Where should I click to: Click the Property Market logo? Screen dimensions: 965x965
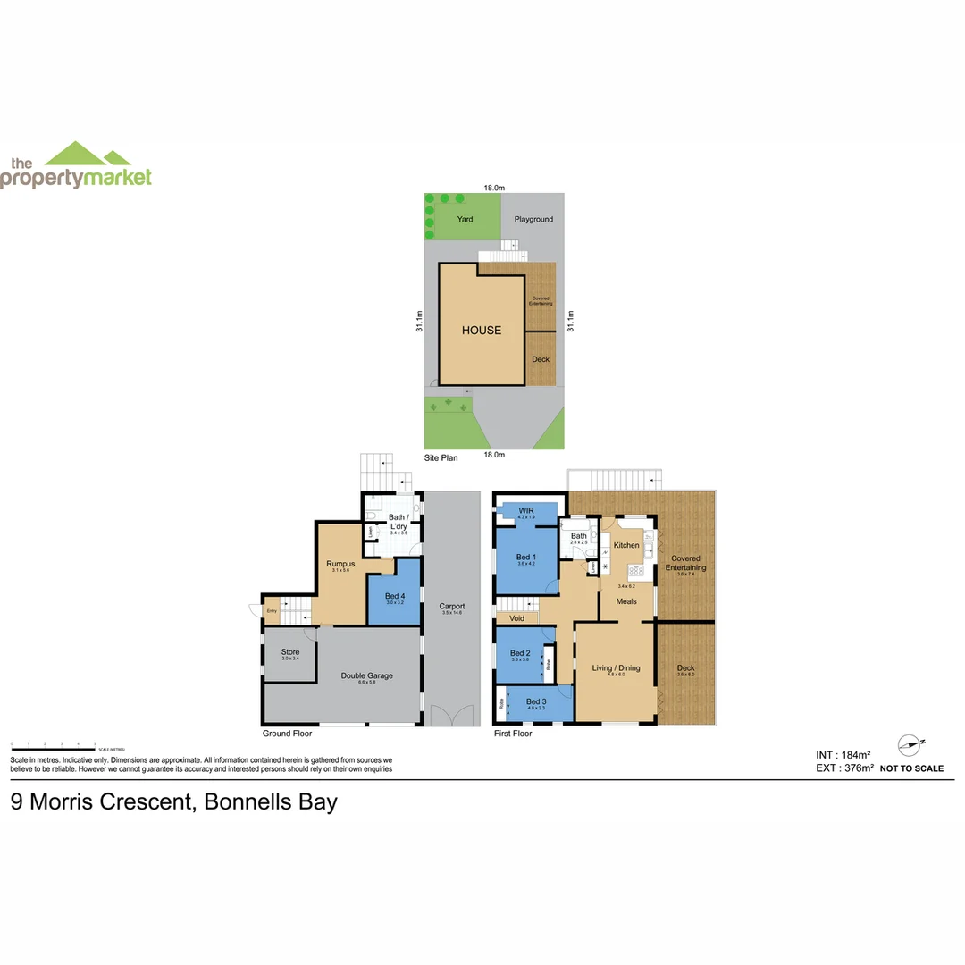tap(76, 166)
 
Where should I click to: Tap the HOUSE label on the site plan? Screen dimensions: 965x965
tap(482, 331)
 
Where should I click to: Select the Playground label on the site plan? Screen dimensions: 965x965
tap(533, 219)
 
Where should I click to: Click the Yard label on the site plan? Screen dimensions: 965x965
tap(465, 219)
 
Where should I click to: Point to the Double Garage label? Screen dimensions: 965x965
tap(366, 675)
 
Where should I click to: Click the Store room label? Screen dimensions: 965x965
tap(290, 652)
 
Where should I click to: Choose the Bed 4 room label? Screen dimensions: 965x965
tap(394, 595)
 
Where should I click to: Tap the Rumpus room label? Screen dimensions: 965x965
tap(340, 564)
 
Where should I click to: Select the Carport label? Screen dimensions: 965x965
tap(452, 607)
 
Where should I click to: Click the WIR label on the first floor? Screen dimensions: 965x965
tap(526, 510)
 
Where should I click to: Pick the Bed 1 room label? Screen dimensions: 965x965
tap(525, 557)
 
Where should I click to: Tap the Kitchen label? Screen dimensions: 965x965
tap(626, 545)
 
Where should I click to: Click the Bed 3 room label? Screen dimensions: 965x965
tap(535, 701)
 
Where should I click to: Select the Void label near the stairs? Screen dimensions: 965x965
tap(516, 618)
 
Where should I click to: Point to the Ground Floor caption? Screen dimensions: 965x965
tap(289, 734)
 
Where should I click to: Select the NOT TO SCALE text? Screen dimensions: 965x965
tap(911, 768)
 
